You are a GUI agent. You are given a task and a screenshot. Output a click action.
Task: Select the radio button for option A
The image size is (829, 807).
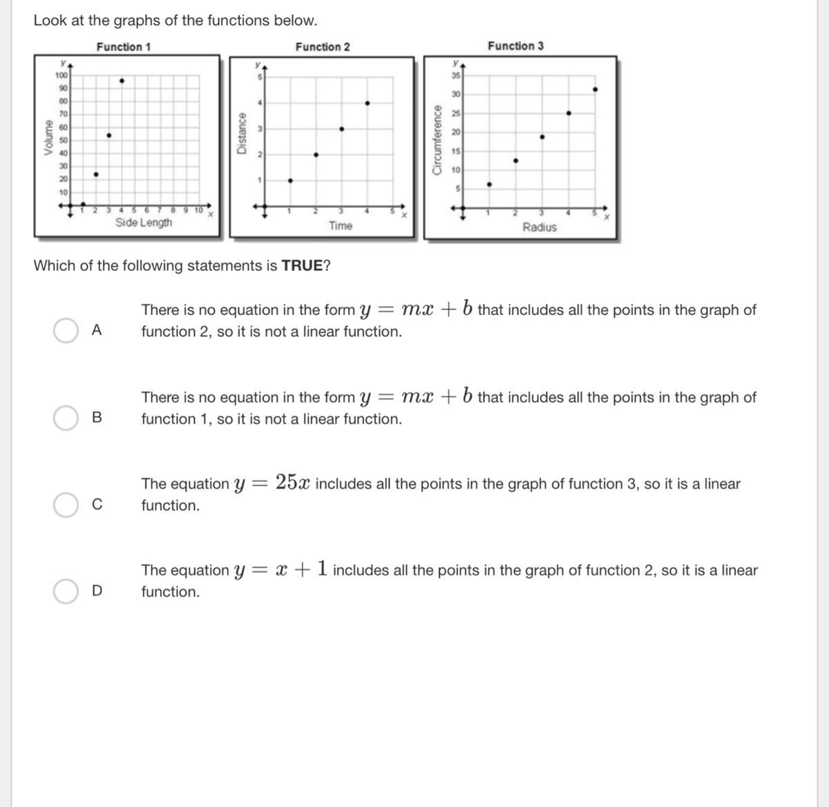pos(66,330)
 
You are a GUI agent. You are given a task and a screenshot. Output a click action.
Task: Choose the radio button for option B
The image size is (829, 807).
pos(66,417)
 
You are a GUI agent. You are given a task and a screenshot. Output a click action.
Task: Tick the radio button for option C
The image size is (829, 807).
pos(66,504)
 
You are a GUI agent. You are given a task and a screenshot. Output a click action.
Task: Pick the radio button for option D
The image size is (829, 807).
pos(66,591)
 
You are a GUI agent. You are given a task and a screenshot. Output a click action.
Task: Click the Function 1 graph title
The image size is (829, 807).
pos(124,47)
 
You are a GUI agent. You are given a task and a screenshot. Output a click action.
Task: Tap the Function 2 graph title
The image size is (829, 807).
pos(323,47)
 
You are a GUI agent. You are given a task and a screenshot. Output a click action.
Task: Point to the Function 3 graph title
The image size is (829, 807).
pos(515,46)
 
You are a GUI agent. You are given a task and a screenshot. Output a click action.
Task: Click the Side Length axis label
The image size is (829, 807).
pos(144,222)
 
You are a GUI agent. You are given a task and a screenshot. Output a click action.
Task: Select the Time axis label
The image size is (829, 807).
pos(341,226)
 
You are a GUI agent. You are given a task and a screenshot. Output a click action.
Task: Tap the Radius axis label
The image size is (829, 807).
pos(540,227)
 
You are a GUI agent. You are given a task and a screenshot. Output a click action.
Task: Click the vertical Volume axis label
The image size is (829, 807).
pos(48,137)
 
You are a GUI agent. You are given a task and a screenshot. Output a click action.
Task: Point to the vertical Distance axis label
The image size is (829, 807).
pos(242,133)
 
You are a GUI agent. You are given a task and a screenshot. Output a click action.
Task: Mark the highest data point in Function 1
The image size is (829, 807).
pos(122,81)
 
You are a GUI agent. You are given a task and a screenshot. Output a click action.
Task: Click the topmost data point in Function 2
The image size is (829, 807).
pos(368,104)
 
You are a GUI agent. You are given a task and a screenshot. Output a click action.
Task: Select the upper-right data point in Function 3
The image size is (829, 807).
pos(595,89)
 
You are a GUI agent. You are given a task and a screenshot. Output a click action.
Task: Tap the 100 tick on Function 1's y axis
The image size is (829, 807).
pos(61,75)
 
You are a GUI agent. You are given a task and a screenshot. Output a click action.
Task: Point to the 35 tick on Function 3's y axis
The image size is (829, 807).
pos(456,75)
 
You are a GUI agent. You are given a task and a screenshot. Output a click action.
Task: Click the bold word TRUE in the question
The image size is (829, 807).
pos(302,266)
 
